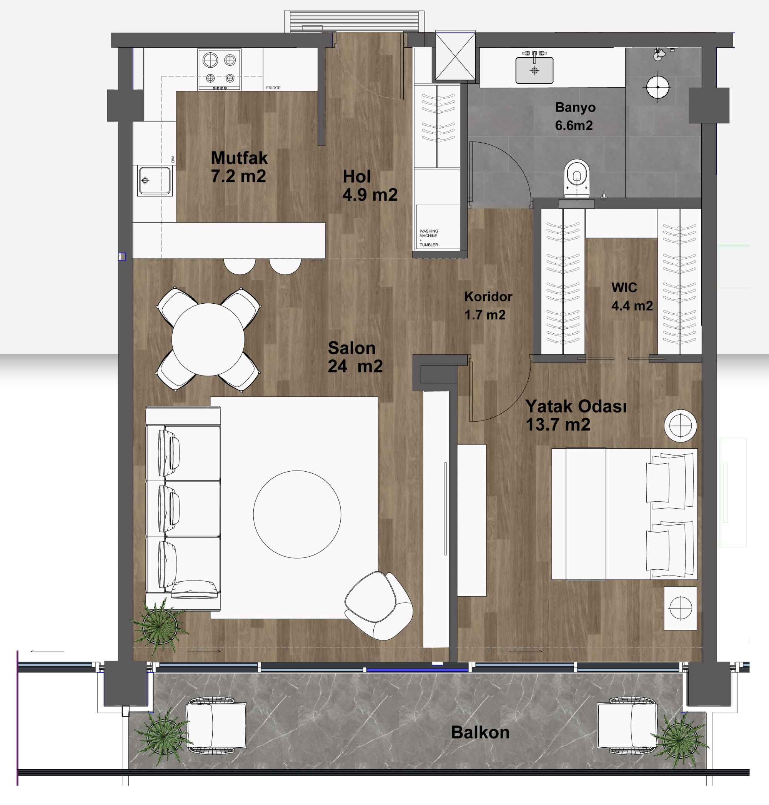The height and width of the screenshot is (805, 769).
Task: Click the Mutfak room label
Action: click(x=240, y=158)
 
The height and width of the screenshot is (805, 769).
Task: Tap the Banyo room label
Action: click(x=575, y=107)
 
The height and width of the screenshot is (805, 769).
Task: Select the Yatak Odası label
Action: click(x=576, y=406)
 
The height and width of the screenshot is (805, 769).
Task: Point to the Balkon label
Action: click(x=480, y=732)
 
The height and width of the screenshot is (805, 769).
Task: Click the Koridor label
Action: click(x=488, y=296)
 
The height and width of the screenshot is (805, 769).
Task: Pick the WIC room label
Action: click(x=624, y=288)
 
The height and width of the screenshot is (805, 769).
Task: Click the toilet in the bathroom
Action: click(x=577, y=179)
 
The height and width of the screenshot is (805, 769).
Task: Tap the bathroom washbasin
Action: click(x=534, y=70)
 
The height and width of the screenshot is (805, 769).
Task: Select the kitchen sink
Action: click(x=155, y=180)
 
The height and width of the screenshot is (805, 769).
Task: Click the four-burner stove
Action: click(x=219, y=70)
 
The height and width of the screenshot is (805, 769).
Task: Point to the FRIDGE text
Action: click(x=273, y=88)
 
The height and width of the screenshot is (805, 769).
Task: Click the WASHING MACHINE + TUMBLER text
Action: click(x=429, y=238)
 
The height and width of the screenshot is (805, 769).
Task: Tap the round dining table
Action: click(x=208, y=339)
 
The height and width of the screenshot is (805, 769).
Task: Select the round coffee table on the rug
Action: click(x=297, y=514)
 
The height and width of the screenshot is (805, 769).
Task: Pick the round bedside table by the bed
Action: click(x=680, y=426)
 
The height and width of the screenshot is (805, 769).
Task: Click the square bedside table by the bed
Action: click(x=680, y=608)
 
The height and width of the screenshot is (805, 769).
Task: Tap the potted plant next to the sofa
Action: click(x=159, y=625)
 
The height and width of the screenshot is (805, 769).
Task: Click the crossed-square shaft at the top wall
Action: click(x=455, y=55)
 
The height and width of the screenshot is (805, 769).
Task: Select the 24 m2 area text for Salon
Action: click(x=355, y=366)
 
